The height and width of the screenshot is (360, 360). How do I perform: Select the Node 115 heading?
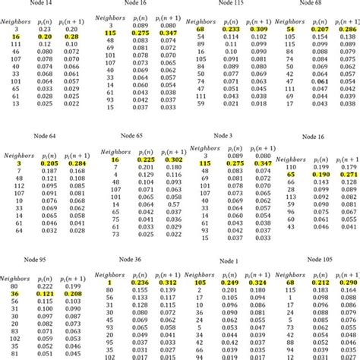(x=225, y=5)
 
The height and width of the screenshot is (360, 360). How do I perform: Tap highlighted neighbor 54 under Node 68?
(x=291, y=28)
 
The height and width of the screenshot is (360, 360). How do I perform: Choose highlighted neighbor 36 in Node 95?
(x=16, y=292)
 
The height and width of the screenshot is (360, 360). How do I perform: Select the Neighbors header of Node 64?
(x=17, y=153)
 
